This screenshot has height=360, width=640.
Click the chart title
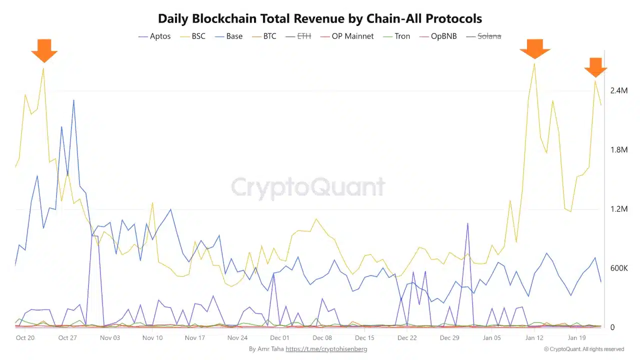tap(320, 19)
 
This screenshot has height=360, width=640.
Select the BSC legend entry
tap(198, 36)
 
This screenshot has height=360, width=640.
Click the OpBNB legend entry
tap(439, 36)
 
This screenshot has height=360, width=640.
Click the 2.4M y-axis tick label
tap(618, 90)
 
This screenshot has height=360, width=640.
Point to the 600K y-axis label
tap(618, 268)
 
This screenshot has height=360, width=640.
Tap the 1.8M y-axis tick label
tap(618, 149)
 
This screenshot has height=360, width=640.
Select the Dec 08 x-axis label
tap(322, 338)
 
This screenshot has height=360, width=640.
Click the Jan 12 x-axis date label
tap(534, 338)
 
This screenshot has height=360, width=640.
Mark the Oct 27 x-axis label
tap(67, 338)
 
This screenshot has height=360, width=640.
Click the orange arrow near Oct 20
tap(44, 50)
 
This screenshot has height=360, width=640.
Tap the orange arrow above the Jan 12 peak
tap(534, 48)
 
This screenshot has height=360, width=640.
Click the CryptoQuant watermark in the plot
tap(308, 187)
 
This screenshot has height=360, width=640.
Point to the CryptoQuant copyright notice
tap(583, 349)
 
